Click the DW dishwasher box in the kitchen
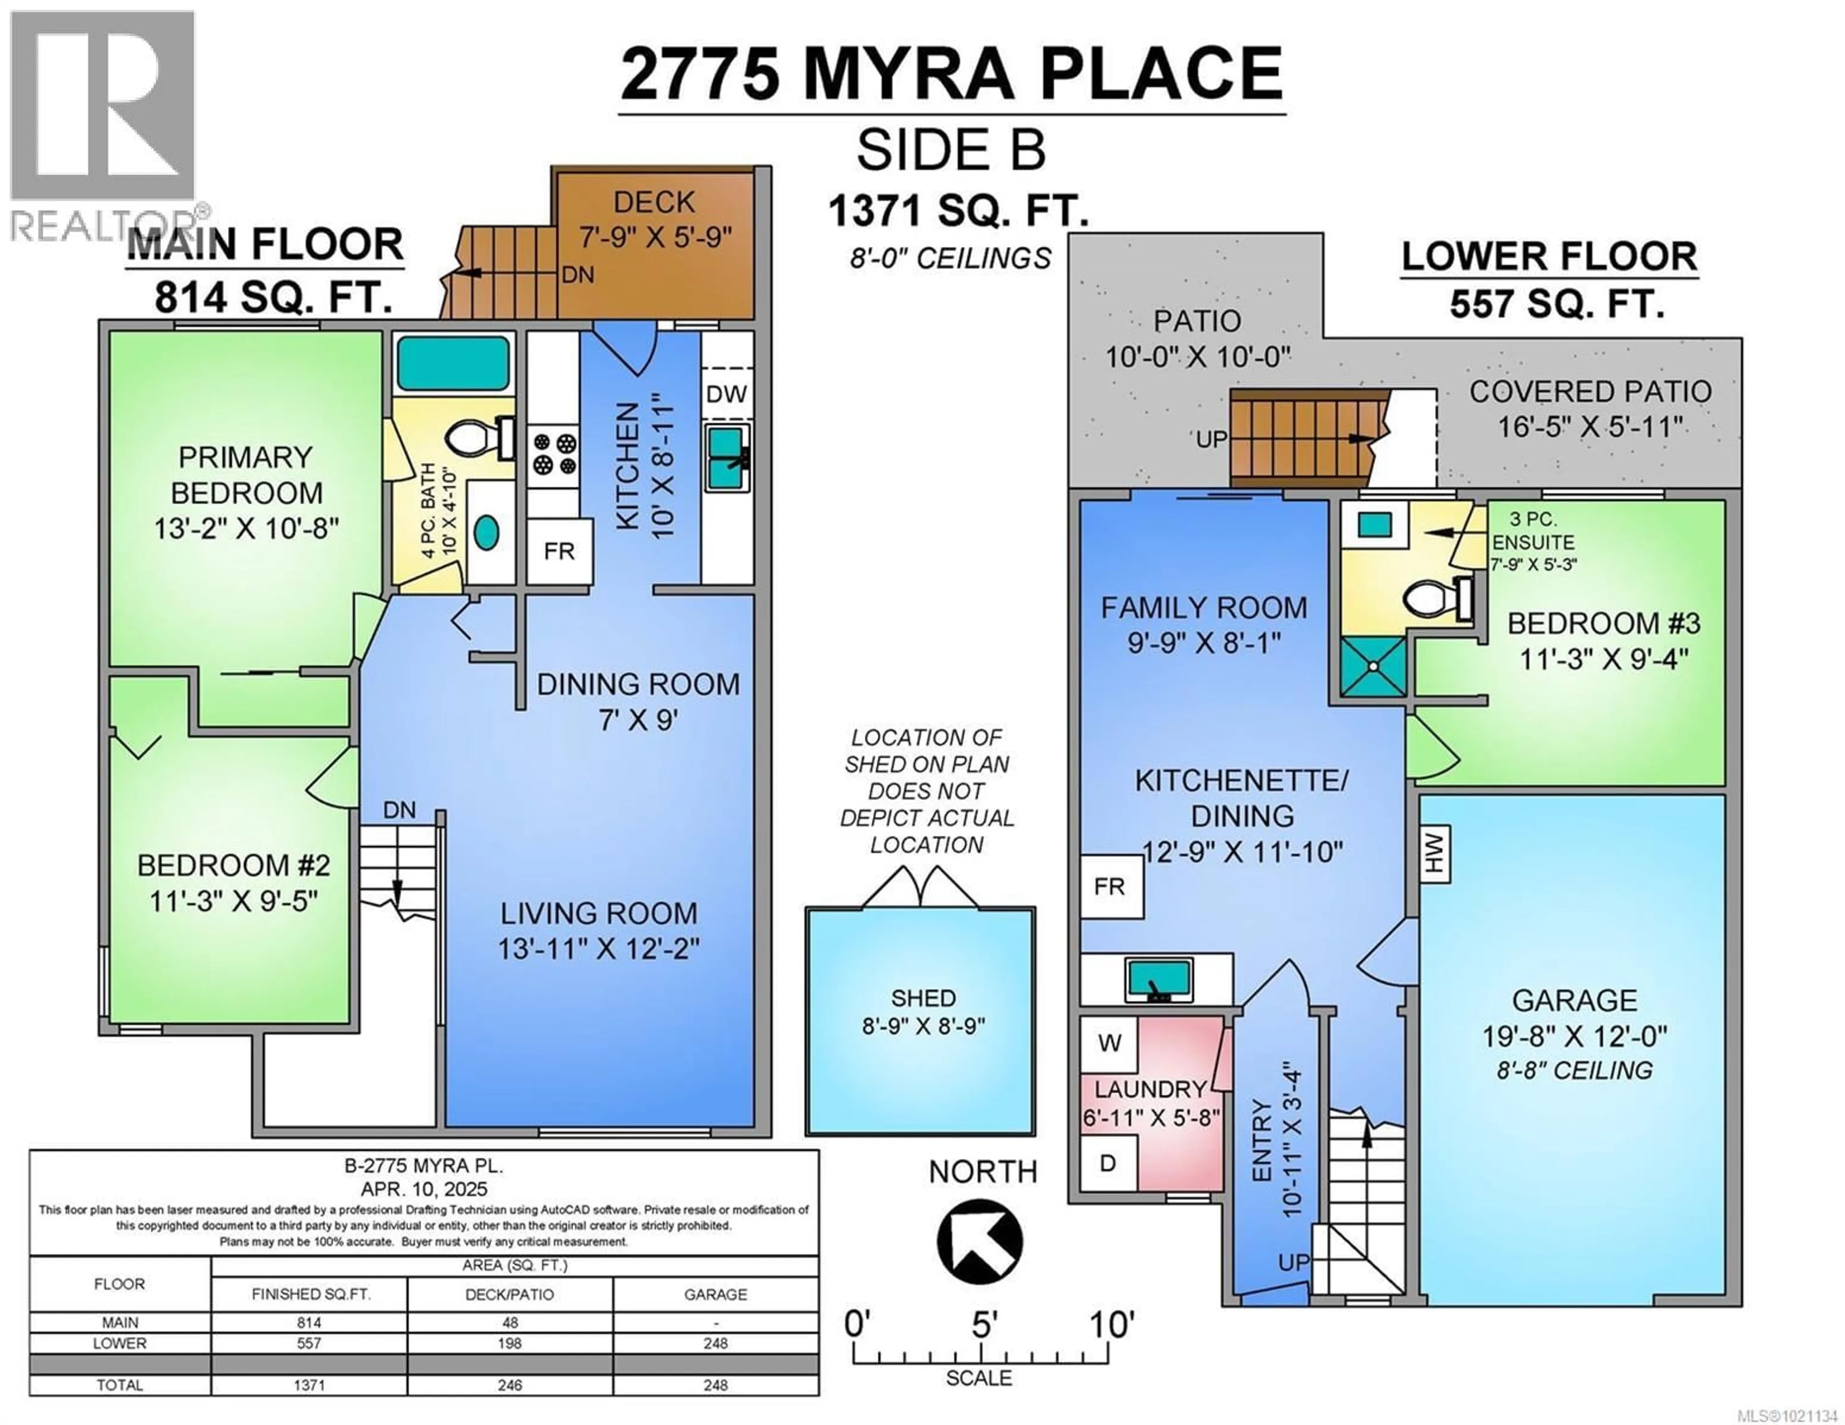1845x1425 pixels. click(x=726, y=394)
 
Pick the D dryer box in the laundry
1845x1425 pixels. click(x=1107, y=1163)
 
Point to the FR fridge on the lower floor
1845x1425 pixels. click(x=1110, y=887)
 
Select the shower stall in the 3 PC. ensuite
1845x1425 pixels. click(x=1375, y=667)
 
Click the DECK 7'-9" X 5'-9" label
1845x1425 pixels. click(x=655, y=219)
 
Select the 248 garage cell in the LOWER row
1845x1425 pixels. click(x=715, y=1343)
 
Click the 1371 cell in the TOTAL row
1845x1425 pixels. click(x=309, y=1385)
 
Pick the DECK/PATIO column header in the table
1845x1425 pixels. click(x=509, y=1294)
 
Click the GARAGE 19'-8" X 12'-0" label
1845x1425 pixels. click(x=1574, y=1018)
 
